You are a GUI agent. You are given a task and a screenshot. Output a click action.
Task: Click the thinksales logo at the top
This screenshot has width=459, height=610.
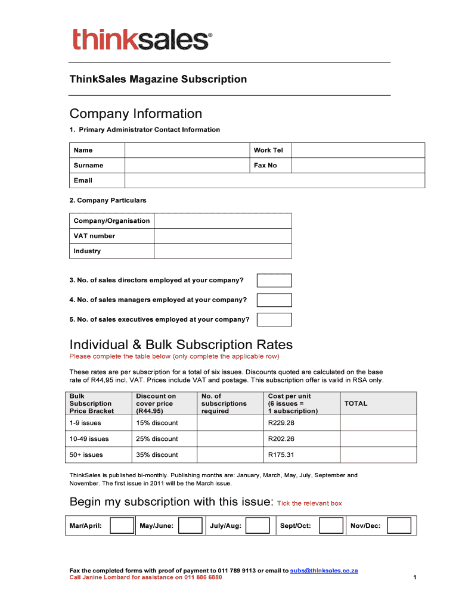point(142,40)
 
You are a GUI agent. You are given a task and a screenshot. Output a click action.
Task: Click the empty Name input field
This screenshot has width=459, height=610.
point(187,150)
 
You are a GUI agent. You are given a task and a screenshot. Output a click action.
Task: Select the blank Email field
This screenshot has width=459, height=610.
point(274,180)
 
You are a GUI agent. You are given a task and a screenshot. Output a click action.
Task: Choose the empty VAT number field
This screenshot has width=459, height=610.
point(223,236)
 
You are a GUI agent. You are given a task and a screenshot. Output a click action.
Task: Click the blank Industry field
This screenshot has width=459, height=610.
point(223,251)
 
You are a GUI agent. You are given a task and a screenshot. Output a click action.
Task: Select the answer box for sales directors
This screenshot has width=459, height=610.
point(274,281)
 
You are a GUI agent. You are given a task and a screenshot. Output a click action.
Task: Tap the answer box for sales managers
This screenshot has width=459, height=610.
point(274,300)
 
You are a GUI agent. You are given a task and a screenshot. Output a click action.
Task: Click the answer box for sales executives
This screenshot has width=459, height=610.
point(274,320)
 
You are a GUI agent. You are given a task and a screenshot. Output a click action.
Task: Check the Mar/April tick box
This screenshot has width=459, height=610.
point(122,525)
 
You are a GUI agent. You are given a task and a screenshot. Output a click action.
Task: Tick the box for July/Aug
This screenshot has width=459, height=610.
point(258,525)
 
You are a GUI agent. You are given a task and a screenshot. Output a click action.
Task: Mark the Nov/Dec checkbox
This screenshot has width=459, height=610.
point(399,525)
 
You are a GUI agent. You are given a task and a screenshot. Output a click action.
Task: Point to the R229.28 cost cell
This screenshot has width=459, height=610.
point(281,424)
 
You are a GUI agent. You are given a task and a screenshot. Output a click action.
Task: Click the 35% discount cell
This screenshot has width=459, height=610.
point(157,455)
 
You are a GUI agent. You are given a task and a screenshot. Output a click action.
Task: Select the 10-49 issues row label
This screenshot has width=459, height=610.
point(89,439)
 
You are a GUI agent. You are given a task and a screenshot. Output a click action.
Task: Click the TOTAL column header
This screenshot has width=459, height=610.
point(356,404)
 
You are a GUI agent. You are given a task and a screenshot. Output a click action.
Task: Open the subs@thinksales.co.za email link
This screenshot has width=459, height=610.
point(324,571)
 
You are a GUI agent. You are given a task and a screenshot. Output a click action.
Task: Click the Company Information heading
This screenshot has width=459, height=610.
point(136,114)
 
